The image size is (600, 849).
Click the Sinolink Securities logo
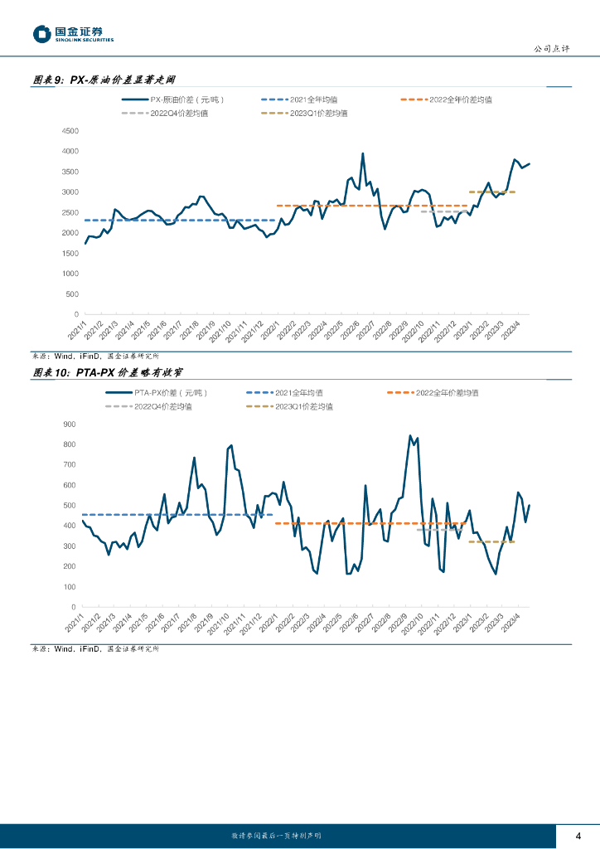click(x=72, y=34)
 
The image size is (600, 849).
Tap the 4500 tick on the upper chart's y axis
click(x=70, y=131)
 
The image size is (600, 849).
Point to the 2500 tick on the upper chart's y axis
click(x=70, y=213)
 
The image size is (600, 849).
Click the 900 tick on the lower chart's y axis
click(x=69, y=424)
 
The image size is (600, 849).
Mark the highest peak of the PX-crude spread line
click(x=363, y=153)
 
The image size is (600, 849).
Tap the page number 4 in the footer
click(x=578, y=835)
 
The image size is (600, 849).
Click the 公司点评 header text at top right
click(x=551, y=49)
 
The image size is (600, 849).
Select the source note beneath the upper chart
click(x=95, y=355)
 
